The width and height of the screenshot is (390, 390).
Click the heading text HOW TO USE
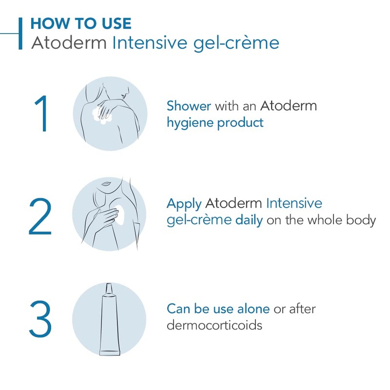point(80,23)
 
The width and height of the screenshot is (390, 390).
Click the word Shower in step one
point(189,106)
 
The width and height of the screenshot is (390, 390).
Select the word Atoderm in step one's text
point(288,106)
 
